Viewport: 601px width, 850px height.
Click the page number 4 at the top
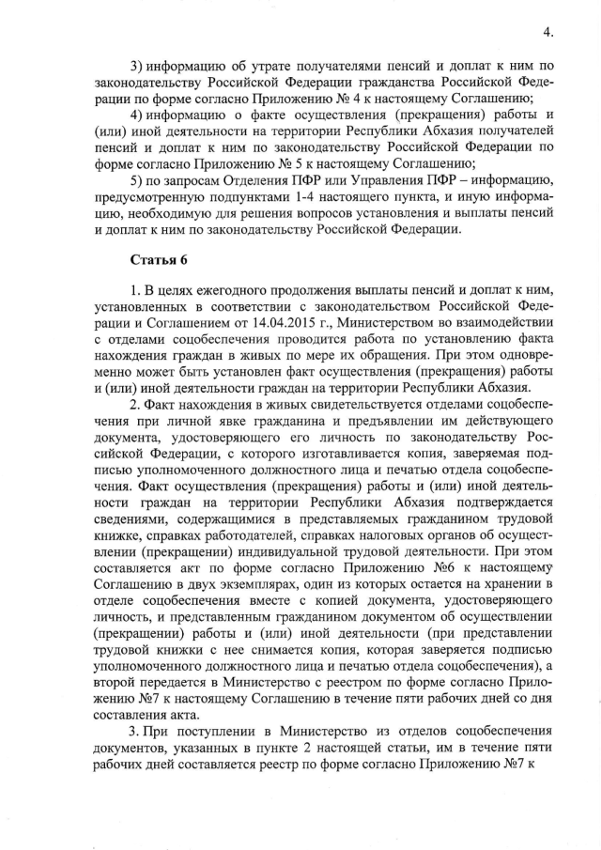click(546, 33)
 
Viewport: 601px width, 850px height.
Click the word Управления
click(363, 178)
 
